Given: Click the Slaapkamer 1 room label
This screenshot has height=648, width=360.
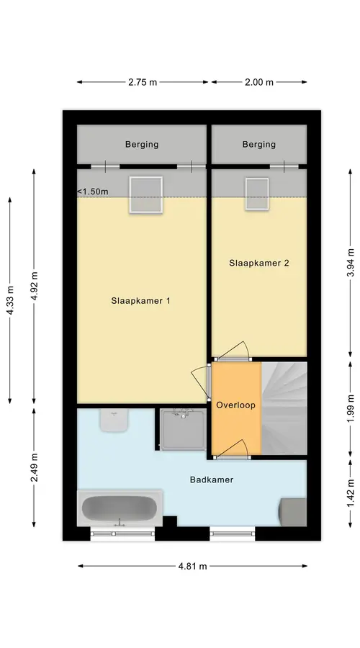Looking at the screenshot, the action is pyautogui.click(x=140, y=301).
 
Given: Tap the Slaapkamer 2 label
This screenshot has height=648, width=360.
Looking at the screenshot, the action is pyautogui.click(x=258, y=263).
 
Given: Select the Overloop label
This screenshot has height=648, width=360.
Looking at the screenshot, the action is pyautogui.click(x=235, y=405).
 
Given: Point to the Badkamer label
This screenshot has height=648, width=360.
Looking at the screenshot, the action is pyautogui.click(x=212, y=480).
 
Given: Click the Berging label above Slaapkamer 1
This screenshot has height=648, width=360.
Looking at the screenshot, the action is pyautogui.click(x=142, y=145).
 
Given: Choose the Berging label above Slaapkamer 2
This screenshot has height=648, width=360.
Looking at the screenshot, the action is pyautogui.click(x=258, y=145).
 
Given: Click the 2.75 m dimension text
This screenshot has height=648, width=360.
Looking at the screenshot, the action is pyautogui.click(x=143, y=82).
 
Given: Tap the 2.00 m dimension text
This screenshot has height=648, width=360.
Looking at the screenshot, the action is pyautogui.click(x=259, y=82).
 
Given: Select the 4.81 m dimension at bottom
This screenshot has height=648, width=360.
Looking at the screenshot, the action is pyautogui.click(x=192, y=566).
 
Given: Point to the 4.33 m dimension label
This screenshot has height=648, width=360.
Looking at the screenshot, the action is pyautogui.click(x=11, y=300).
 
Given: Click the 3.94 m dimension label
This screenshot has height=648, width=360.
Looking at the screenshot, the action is pyautogui.click(x=351, y=264).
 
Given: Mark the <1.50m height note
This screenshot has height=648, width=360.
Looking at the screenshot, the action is pyautogui.click(x=93, y=192).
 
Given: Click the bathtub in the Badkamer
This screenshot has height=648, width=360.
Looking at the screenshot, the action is pyautogui.click(x=120, y=508).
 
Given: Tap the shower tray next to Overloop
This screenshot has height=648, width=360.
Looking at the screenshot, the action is pyautogui.click(x=182, y=429).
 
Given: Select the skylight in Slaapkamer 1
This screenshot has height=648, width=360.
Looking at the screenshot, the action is pyautogui.click(x=145, y=194).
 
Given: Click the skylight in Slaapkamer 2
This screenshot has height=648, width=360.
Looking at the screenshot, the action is pyautogui.click(x=256, y=194).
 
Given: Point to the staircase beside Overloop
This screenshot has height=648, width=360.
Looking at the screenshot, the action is pyautogui.click(x=284, y=408).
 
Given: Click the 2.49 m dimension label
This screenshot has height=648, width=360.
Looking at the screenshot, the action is pyautogui.click(x=35, y=467).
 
